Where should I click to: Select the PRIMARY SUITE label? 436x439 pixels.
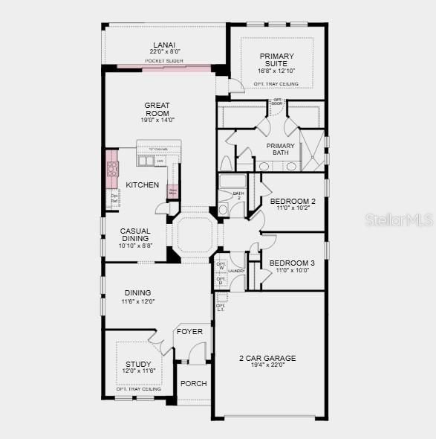[x=276, y=60]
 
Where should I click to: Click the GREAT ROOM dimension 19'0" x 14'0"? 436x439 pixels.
[x=157, y=121]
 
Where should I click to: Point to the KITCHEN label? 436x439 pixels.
[x=142, y=185]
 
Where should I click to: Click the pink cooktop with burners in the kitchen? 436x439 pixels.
[x=112, y=169]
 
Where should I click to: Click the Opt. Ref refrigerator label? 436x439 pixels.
[x=114, y=198]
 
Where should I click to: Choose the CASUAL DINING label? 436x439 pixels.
[x=135, y=234]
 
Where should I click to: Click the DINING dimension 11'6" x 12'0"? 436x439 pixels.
[x=137, y=301]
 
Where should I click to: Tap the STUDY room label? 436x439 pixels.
[x=138, y=365]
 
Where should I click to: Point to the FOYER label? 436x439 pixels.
[x=189, y=331]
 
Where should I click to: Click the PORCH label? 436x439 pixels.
[x=193, y=384]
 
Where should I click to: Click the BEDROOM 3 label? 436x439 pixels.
[x=292, y=263]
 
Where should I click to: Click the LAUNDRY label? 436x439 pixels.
[x=236, y=271]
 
